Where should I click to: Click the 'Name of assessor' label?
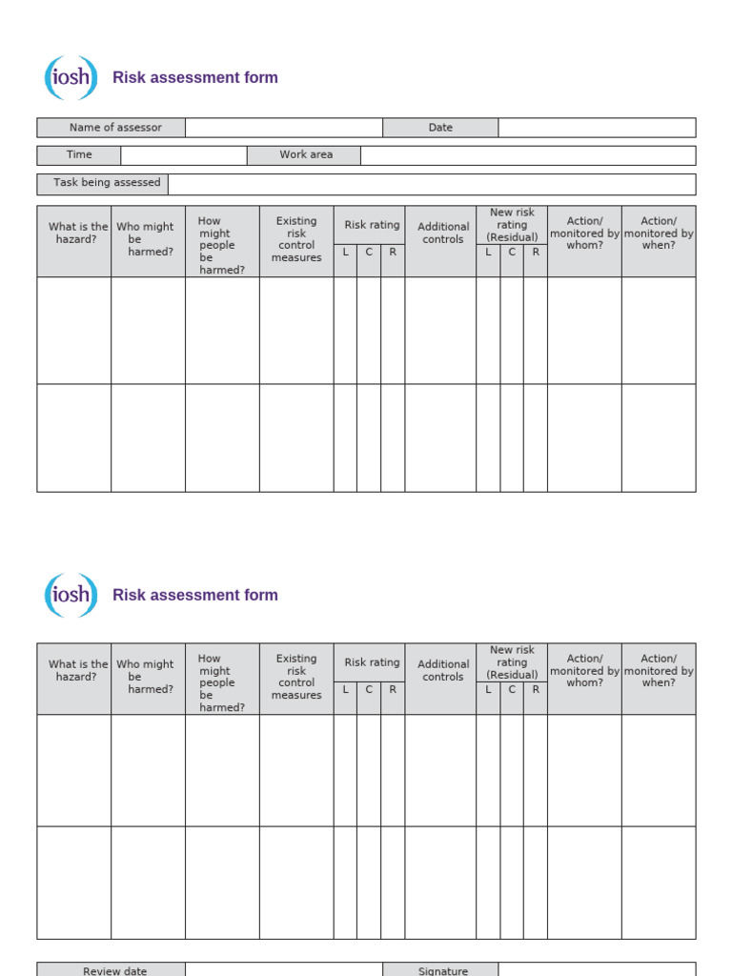pyautogui.click(x=115, y=128)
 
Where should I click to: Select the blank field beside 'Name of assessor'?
pyautogui.click(x=284, y=128)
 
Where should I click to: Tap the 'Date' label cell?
pyautogui.click(x=440, y=128)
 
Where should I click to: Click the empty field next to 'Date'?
pyautogui.click(x=597, y=128)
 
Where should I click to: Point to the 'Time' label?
pyautogui.click(x=79, y=155)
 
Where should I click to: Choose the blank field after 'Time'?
pyautogui.click(x=184, y=155)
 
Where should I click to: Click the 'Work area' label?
pyautogui.click(x=305, y=155)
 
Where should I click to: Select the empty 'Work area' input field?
pyautogui.click(x=528, y=155)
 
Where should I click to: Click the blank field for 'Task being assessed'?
pyautogui.click(x=432, y=184)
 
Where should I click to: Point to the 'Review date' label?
pyautogui.click(x=115, y=970)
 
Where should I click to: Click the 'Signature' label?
pyautogui.click(x=442, y=970)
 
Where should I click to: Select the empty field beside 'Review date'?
pyautogui.click(x=284, y=970)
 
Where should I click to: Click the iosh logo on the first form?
pyautogui.click(x=71, y=78)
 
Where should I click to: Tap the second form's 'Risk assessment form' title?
pyautogui.click(x=195, y=595)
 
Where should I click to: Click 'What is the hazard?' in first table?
pyautogui.click(x=74, y=234)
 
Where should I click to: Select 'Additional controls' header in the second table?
pyautogui.click(x=443, y=671)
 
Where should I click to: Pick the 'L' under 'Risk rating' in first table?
pyautogui.click(x=345, y=253)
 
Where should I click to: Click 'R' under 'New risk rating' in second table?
pyautogui.click(x=536, y=690)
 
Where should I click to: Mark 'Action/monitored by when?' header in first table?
pyautogui.click(x=659, y=234)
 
